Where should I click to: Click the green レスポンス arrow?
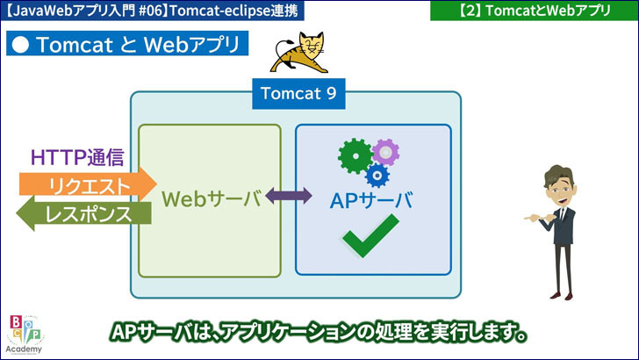tap(86, 213)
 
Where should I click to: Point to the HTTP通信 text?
tap(77, 157)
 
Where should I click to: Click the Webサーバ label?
tap(212, 198)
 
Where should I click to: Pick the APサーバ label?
tap(371, 199)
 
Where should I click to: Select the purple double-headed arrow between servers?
tap(289, 197)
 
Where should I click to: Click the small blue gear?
tap(378, 175)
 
